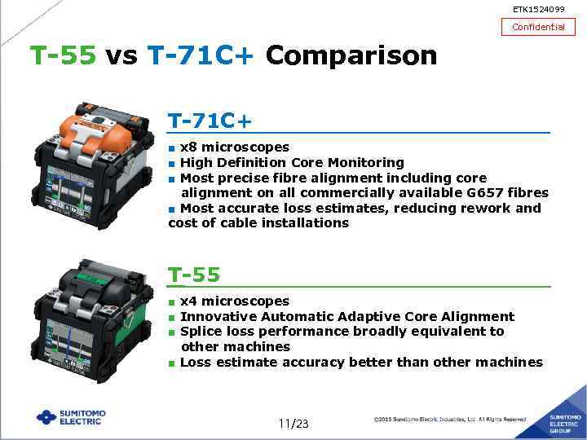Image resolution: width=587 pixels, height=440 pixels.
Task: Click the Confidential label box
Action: [537, 27]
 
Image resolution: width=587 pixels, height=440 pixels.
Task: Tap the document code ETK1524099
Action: [537, 9]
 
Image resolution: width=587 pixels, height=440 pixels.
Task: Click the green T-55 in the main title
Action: [63, 55]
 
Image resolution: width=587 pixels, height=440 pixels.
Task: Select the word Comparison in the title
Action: [351, 55]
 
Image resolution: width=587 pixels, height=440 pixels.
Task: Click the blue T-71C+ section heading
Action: [210, 121]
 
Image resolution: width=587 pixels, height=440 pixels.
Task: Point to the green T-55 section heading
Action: [194, 275]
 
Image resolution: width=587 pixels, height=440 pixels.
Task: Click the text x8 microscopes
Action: [234, 147]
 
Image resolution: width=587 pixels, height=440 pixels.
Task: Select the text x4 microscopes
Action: [234, 301]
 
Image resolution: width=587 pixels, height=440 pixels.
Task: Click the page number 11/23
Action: [293, 423]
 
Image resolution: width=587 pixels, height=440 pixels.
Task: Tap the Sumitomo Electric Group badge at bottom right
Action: [563, 420]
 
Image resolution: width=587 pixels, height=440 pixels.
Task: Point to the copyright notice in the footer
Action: [449, 420]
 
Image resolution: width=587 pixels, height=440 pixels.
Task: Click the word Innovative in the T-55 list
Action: [215, 316]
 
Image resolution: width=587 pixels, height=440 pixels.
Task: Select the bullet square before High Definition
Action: [172, 163]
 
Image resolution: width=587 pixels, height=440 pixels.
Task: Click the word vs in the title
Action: [121, 55]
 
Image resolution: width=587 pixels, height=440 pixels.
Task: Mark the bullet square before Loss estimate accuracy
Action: [172, 363]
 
